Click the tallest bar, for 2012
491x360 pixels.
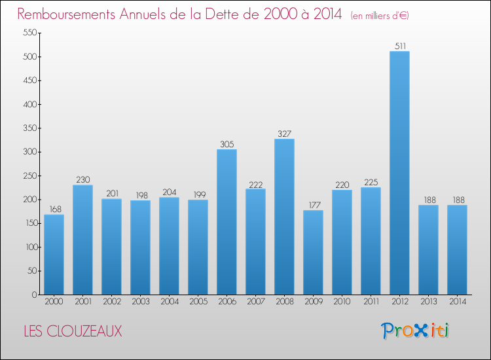tap(399, 173)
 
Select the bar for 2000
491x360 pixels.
tap(54, 255)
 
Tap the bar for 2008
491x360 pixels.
tap(284, 217)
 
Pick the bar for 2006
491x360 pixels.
tap(227, 222)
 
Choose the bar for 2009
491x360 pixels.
tap(313, 252)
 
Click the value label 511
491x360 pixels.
tap(399, 46)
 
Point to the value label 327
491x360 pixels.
tap(284, 134)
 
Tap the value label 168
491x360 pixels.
tap(54, 209)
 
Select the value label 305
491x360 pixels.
tap(227, 144)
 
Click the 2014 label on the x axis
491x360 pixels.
tap(457, 302)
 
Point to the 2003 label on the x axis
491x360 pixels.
tap(140, 302)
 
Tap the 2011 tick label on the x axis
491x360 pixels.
tap(371, 302)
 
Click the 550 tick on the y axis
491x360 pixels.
tap(28, 33)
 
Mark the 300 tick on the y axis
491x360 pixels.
tap(28, 152)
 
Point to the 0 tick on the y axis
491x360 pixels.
tap(33, 295)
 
